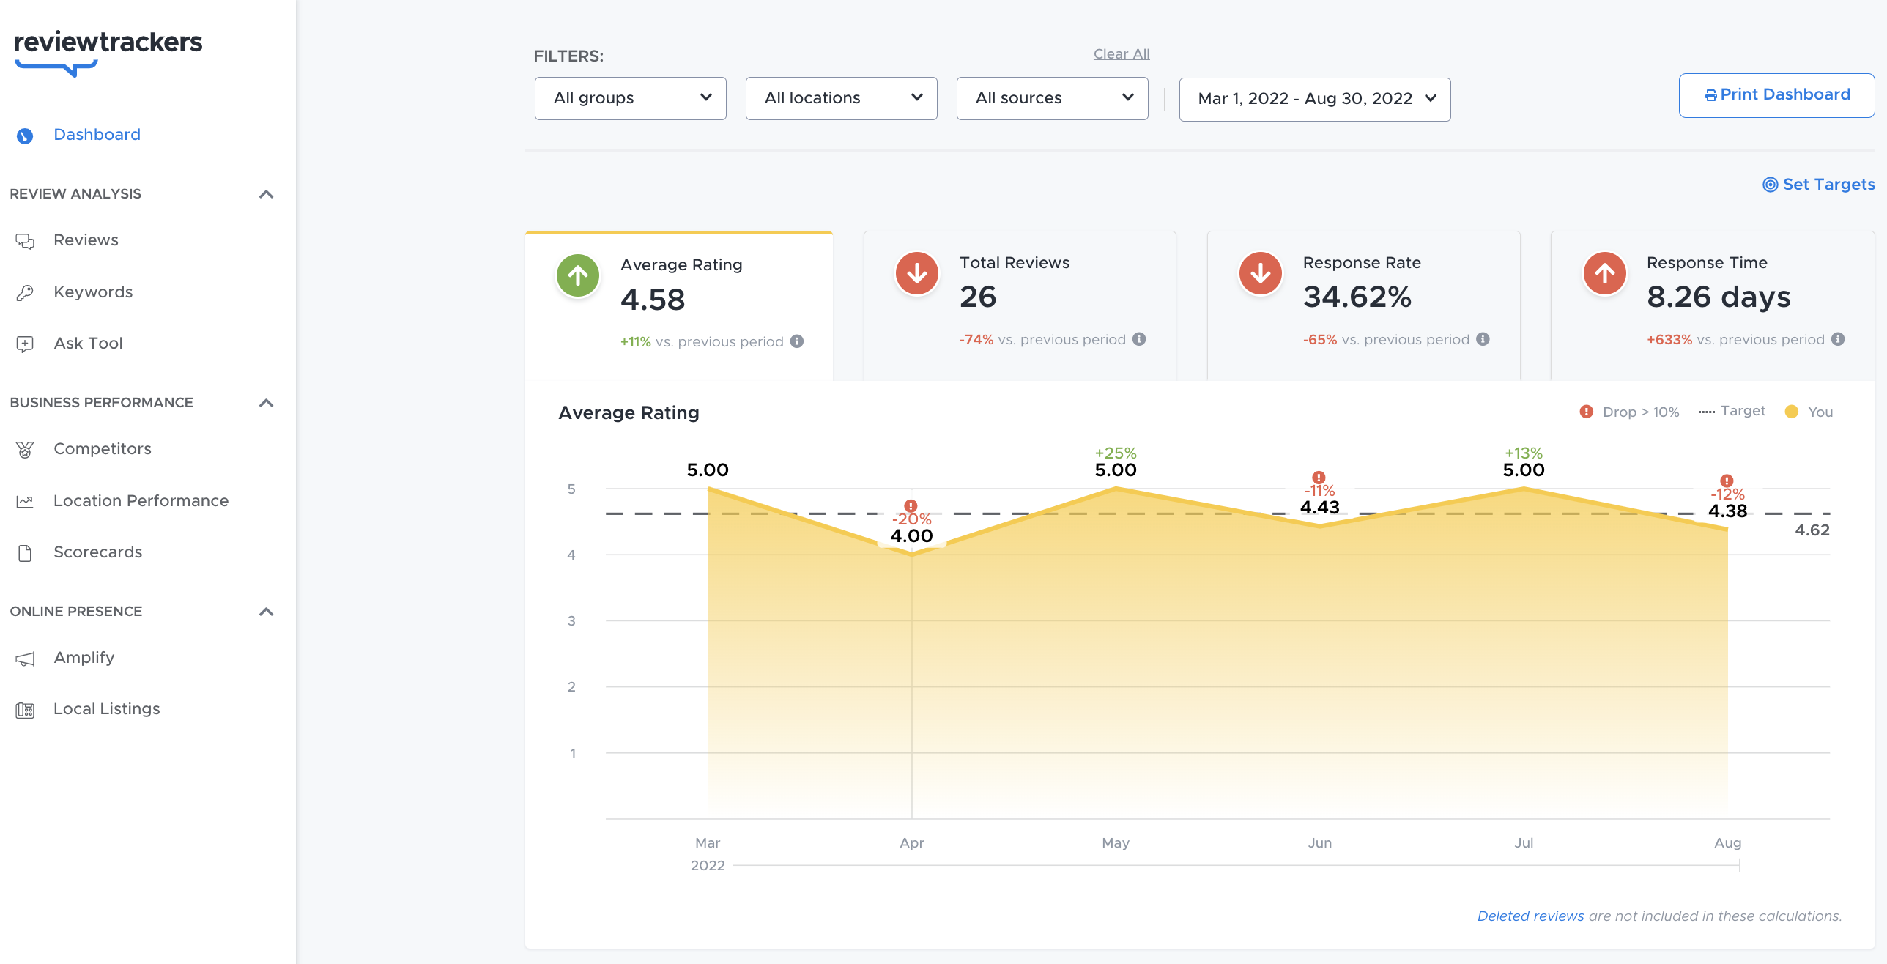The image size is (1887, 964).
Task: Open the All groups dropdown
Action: [x=630, y=98]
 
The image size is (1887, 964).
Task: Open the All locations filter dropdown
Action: [x=841, y=98]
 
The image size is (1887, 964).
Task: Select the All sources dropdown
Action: [x=1052, y=98]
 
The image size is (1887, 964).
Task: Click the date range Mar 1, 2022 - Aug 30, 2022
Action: [x=1314, y=99]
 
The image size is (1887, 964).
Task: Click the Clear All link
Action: [x=1121, y=54]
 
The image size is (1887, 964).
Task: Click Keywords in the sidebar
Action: [x=93, y=292]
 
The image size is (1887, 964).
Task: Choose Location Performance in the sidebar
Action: [x=141, y=501]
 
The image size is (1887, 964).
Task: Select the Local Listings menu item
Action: [x=106, y=709]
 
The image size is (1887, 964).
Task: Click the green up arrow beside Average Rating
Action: [x=578, y=276]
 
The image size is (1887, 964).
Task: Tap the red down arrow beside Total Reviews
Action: [x=916, y=274]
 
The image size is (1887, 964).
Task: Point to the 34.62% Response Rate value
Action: [x=1357, y=297]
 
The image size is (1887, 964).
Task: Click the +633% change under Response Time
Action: [x=1669, y=340]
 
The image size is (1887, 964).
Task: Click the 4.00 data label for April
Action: [x=911, y=536]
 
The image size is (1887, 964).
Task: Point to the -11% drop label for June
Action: [x=1319, y=492]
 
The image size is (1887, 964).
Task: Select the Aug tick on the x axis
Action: [x=1727, y=843]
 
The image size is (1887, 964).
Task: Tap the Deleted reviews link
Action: [x=1530, y=916]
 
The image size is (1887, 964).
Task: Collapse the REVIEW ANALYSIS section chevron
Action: [x=267, y=194]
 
